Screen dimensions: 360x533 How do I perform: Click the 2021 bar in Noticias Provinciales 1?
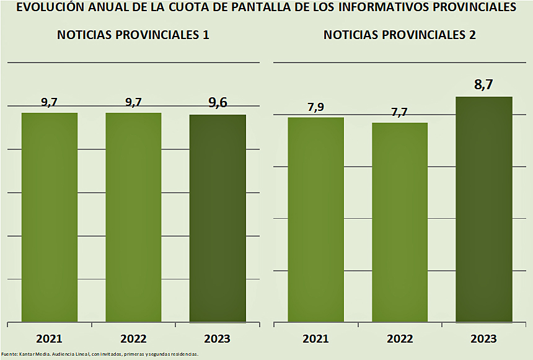50,217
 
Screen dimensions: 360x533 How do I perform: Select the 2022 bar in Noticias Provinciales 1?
133,217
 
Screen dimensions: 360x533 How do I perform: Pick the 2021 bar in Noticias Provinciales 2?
316,219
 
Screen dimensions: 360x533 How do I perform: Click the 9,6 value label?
218,103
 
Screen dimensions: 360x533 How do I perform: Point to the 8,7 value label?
483,86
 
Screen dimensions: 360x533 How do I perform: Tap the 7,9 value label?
316,107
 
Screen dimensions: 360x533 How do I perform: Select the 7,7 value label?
400,112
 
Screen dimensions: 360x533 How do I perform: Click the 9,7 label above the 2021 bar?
50,102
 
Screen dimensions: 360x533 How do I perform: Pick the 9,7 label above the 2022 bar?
133,102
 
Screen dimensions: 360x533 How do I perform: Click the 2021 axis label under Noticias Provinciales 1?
50,339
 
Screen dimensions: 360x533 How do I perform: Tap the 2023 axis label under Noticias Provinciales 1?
218,339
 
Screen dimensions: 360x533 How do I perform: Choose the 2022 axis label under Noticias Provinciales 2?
400,339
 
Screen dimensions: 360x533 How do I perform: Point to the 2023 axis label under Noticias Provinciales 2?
484,339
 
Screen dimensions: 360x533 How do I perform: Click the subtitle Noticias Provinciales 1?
133,35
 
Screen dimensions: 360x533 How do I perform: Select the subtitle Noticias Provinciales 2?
400,35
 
